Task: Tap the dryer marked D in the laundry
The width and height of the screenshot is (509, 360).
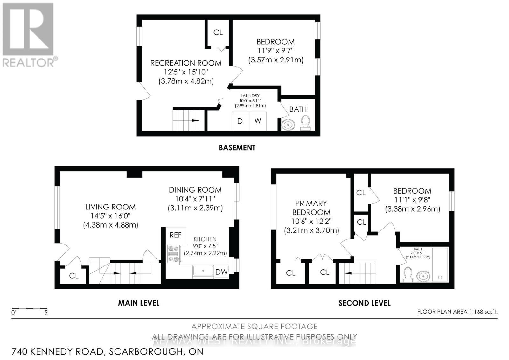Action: click(x=240, y=121)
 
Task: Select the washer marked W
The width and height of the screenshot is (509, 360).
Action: click(x=258, y=121)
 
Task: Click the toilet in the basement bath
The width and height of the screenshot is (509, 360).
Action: click(x=305, y=123)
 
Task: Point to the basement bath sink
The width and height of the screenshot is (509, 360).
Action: click(x=288, y=124)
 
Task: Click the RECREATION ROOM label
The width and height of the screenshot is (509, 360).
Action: click(x=186, y=63)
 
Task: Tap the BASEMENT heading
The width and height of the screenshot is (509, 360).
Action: click(x=237, y=148)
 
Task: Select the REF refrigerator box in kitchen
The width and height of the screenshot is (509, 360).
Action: click(x=176, y=235)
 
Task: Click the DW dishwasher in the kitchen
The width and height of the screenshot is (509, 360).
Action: click(x=221, y=272)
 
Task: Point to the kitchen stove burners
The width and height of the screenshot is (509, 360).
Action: click(x=173, y=254)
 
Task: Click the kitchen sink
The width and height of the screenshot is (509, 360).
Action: click(x=203, y=271)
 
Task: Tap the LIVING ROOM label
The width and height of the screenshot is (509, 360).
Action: click(x=110, y=207)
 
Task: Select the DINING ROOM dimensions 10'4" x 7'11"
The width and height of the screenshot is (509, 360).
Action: click(x=195, y=199)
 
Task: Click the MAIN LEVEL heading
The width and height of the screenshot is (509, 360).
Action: click(x=139, y=303)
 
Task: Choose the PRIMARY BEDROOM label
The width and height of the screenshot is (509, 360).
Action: click(x=311, y=208)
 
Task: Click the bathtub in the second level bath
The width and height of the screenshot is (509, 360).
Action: click(x=440, y=264)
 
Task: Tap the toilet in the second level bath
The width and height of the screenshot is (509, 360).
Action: click(x=408, y=274)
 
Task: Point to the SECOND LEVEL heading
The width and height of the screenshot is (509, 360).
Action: click(x=365, y=303)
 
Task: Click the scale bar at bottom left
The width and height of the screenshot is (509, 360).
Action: click(x=30, y=309)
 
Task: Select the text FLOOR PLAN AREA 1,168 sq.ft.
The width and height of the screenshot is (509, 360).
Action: click(x=457, y=312)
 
